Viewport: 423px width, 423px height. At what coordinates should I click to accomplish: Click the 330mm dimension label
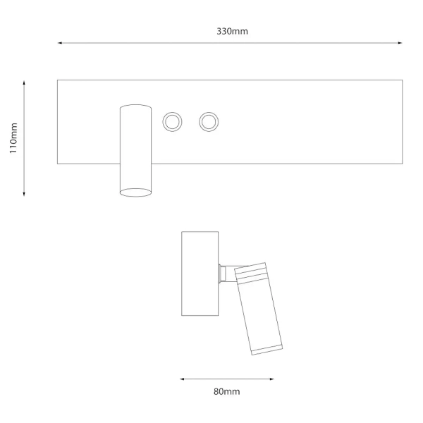click(232, 31)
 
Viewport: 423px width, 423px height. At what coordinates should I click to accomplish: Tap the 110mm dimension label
click(13, 138)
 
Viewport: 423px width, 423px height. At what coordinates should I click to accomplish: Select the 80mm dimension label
click(226, 391)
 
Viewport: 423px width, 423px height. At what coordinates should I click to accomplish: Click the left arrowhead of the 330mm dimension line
click(60, 43)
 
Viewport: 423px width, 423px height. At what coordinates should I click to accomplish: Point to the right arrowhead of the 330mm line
click(400, 43)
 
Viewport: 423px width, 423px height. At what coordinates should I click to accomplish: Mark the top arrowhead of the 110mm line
click(24, 82)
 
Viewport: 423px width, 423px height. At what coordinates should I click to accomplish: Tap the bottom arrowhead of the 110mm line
click(24, 194)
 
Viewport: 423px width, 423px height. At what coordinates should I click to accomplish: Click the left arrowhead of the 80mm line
click(182, 379)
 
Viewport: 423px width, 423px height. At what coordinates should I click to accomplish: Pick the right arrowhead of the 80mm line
click(271, 379)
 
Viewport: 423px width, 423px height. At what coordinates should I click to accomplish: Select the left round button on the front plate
click(172, 122)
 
